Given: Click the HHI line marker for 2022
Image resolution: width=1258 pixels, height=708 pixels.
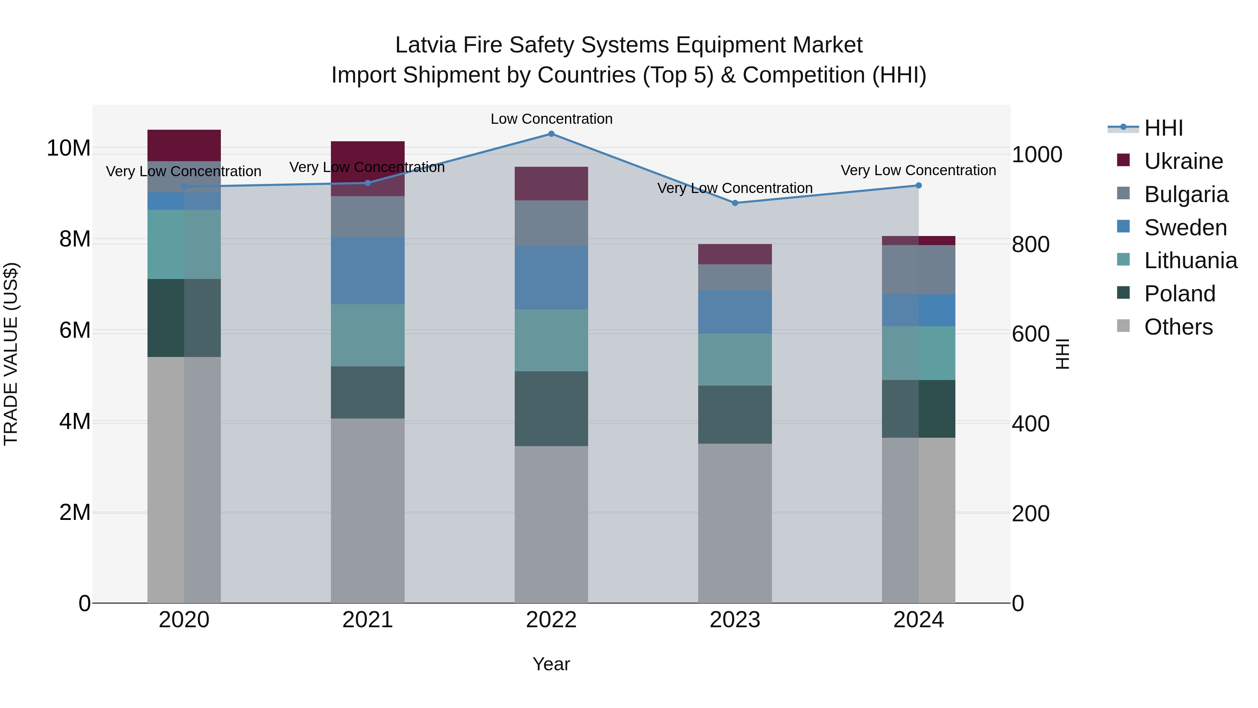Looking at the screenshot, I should click(551, 134).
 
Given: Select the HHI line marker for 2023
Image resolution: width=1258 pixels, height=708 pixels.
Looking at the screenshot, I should click(735, 203).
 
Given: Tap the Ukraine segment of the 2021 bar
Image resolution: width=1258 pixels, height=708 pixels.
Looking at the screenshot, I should click(368, 169).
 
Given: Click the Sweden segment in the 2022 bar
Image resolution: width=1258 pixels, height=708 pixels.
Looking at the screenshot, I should click(551, 278).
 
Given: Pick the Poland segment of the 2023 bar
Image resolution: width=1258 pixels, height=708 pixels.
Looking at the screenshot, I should click(735, 414).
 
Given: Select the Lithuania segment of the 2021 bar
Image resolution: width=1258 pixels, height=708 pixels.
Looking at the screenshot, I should click(368, 335).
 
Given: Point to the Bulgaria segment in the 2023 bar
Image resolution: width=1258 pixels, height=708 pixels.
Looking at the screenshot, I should click(735, 278).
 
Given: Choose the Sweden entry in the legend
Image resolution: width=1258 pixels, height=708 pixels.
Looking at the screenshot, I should click(1185, 228).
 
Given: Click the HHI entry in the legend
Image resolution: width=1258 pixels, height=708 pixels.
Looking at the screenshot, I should click(1163, 128).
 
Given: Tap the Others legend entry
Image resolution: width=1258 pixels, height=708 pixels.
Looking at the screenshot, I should click(1178, 327).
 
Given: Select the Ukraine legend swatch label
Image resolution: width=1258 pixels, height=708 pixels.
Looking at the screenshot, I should click(1183, 161).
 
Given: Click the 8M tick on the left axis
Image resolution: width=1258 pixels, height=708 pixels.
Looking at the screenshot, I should click(75, 239).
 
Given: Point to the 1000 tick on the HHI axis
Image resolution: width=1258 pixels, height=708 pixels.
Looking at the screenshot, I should click(1036, 155).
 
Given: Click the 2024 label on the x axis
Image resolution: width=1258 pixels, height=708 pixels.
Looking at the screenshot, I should click(918, 620).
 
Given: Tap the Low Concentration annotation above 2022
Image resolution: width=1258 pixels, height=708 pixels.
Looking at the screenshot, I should click(551, 119).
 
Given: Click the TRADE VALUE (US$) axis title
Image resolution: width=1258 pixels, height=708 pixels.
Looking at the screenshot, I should click(11, 354).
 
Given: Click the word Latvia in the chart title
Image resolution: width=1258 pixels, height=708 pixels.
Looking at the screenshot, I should click(425, 45).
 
